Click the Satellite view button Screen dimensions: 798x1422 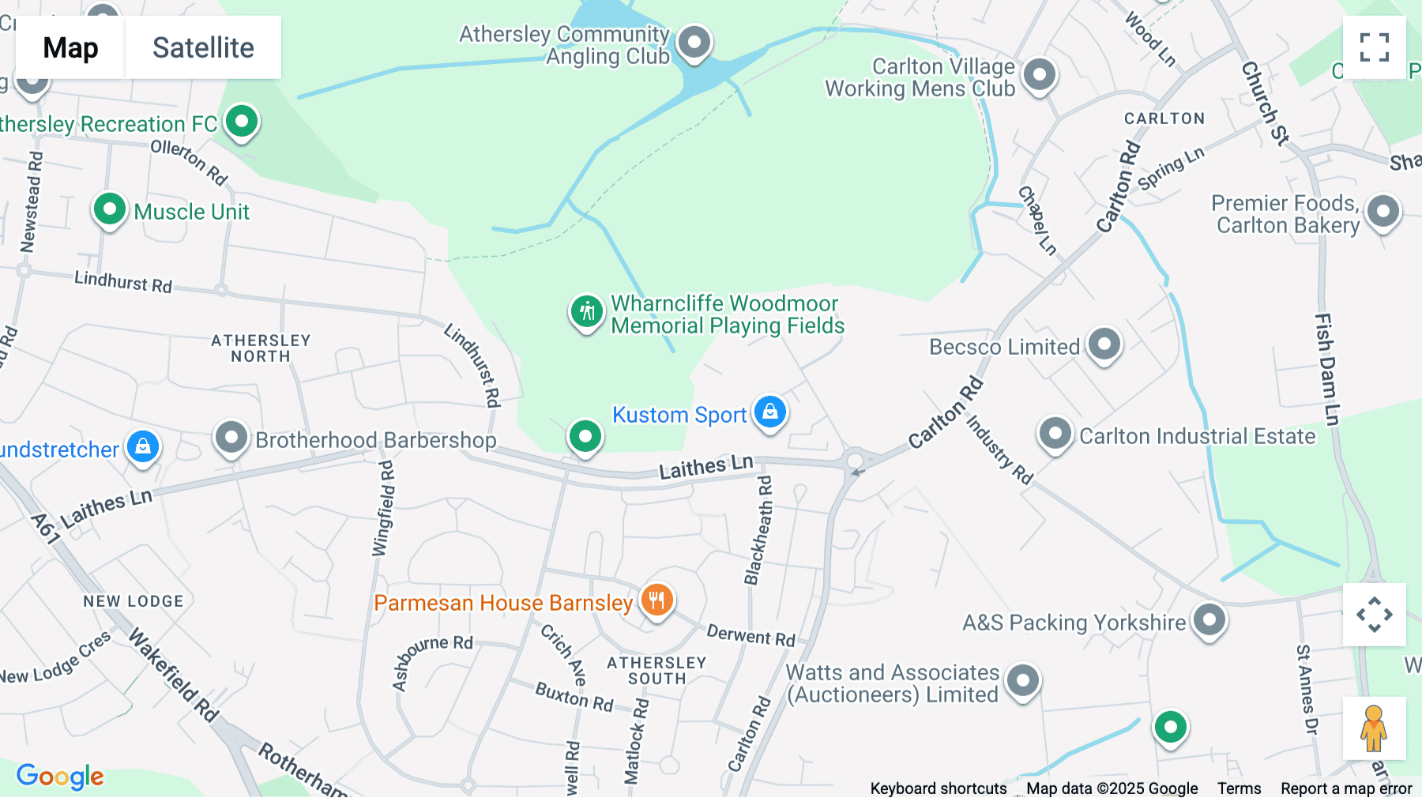(203, 47)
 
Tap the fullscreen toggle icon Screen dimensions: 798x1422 (1374, 47)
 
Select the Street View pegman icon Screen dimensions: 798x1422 (1374, 728)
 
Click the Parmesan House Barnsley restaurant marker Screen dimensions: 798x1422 (656, 600)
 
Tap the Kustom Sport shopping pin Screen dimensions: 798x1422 (769, 412)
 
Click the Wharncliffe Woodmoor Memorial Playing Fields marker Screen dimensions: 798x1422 (587, 311)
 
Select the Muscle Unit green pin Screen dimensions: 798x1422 (110, 210)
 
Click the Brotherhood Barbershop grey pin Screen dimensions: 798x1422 (231, 438)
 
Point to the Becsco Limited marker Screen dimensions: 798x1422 (1104, 344)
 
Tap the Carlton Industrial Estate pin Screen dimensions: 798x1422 (1055, 434)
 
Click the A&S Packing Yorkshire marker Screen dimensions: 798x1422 (1209, 620)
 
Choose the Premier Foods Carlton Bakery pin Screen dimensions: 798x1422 (1382, 212)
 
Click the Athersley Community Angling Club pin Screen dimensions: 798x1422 (694, 41)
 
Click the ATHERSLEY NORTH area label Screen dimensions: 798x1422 (261, 348)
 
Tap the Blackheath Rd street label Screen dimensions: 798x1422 (758, 530)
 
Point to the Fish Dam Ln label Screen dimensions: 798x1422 (1326, 369)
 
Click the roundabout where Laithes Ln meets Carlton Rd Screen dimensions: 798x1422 (855, 461)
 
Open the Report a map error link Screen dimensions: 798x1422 (1345, 789)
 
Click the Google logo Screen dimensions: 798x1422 (60, 777)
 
